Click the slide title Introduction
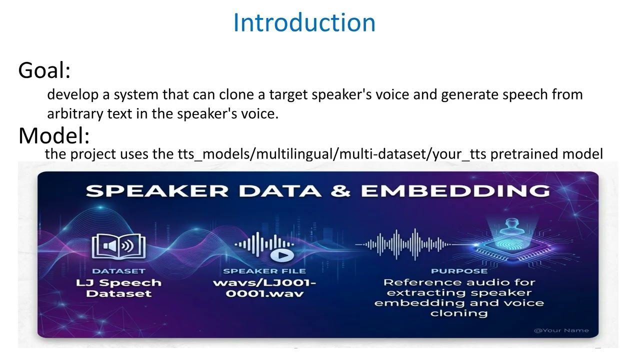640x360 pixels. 304,23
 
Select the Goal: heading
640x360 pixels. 44,70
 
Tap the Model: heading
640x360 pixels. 53,135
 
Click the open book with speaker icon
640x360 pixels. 119,247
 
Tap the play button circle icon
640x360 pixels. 282,255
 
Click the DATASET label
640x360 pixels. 118,271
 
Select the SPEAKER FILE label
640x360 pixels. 264,271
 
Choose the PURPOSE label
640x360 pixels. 459,271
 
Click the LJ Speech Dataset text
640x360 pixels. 118,288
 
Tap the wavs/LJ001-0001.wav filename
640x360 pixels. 264,288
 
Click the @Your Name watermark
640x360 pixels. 561,330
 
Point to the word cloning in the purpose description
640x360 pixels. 459,313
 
